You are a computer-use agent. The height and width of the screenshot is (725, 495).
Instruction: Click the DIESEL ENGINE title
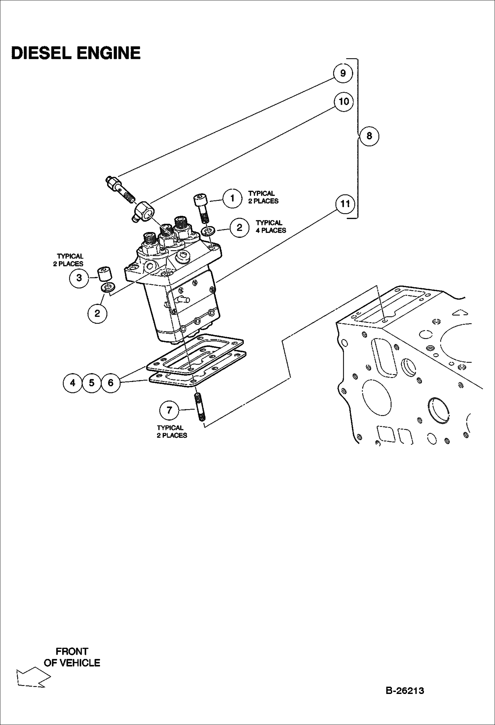click(76, 53)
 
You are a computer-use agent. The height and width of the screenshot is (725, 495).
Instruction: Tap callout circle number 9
click(343, 73)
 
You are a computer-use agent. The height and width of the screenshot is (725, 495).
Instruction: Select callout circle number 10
click(344, 101)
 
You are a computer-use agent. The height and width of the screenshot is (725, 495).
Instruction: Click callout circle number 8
click(369, 136)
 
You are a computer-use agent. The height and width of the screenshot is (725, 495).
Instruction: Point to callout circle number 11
click(345, 204)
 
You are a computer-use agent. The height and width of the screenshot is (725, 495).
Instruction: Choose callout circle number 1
click(232, 198)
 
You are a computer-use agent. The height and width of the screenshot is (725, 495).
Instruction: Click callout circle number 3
click(79, 278)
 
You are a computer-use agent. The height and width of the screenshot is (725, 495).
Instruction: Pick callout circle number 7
click(169, 410)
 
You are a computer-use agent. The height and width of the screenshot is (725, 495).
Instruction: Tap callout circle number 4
click(73, 383)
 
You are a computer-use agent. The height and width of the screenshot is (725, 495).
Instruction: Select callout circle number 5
click(92, 383)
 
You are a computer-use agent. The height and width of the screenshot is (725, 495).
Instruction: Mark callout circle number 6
click(111, 383)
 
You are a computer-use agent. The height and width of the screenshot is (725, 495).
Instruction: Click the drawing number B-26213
click(405, 691)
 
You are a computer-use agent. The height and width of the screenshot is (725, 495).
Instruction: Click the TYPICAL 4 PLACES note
click(271, 227)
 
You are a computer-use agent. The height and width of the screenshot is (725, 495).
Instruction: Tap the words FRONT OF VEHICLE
click(72, 657)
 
